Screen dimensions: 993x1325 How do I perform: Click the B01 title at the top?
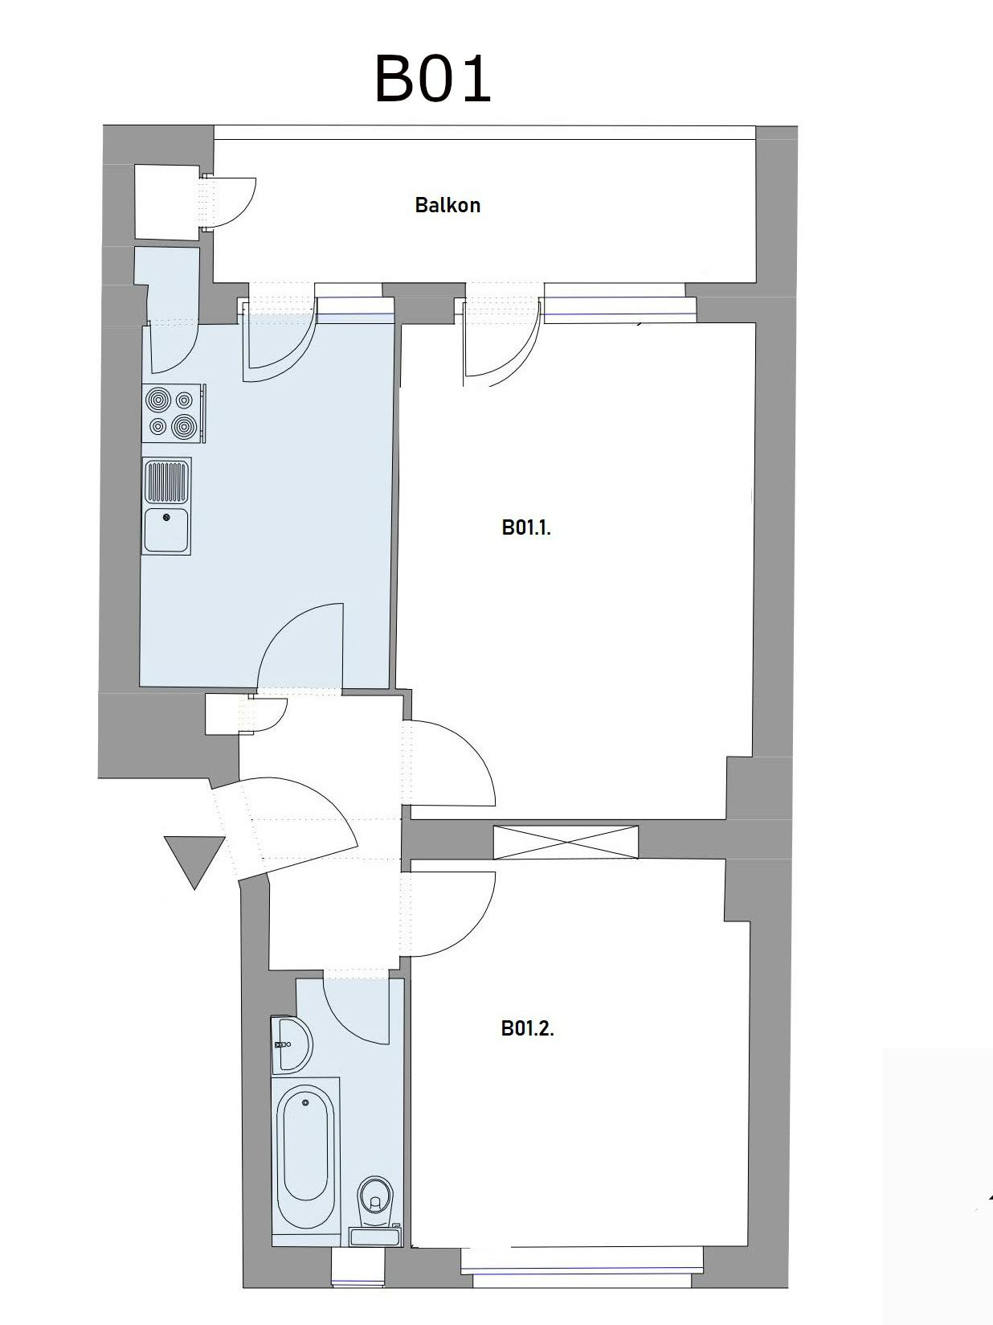(x=433, y=79)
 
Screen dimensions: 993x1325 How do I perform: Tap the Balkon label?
(x=447, y=205)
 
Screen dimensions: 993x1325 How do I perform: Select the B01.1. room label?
(x=526, y=527)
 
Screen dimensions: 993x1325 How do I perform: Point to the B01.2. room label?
(x=528, y=1028)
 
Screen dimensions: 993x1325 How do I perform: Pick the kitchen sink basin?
(x=165, y=530)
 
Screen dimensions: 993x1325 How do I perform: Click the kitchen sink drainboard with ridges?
(x=165, y=482)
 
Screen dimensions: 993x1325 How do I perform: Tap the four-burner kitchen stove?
(x=173, y=413)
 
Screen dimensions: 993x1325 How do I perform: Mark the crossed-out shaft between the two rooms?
(x=566, y=842)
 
